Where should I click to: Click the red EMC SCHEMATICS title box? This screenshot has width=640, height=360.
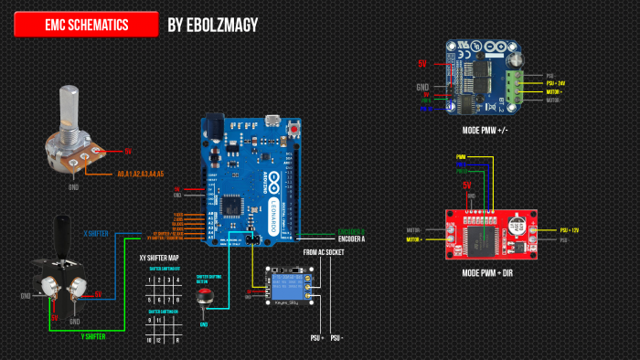click(x=86, y=25)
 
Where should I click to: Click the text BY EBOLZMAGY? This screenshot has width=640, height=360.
click(x=213, y=25)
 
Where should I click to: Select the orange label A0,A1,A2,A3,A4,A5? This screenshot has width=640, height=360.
click(x=140, y=174)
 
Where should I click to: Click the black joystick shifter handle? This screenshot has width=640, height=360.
click(x=63, y=238)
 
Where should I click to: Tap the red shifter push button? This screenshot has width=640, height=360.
click(x=205, y=298)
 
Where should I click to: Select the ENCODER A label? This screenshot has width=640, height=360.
click(x=352, y=238)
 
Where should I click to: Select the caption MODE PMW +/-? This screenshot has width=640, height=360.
click(x=485, y=130)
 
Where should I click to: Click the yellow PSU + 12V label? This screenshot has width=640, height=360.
click(x=558, y=230)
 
